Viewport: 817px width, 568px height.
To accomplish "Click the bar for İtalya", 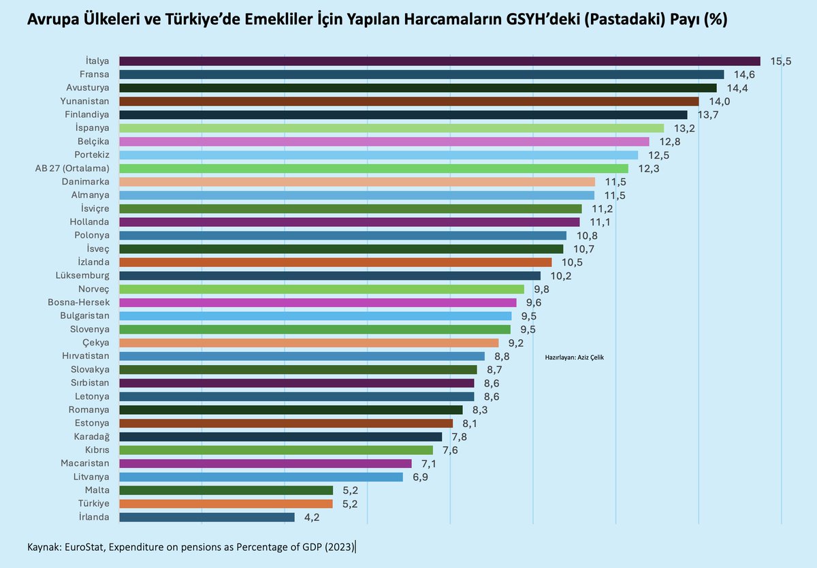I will pyautogui.click(x=439, y=61).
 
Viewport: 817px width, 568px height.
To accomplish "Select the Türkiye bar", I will pyautogui.click(x=226, y=504).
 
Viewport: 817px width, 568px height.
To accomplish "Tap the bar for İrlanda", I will pyautogui.click(x=207, y=518).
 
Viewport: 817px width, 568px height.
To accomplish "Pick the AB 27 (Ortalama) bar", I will pyautogui.click(x=374, y=168).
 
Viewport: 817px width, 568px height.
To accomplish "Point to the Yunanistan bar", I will pyautogui.click(x=408, y=101).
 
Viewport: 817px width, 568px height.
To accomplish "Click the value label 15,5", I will pyautogui.click(x=781, y=61).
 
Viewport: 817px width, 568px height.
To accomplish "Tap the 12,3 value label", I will pyautogui.click(x=649, y=168).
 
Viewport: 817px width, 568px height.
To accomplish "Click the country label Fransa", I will pyautogui.click(x=95, y=74).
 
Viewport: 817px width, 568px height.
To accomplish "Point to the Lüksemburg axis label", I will pyautogui.click(x=82, y=275).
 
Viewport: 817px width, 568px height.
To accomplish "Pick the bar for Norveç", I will pyautogui.click(x=321, y=289).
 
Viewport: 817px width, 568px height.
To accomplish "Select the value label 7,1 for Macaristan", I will pyautogui.click(x=429, y=464).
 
